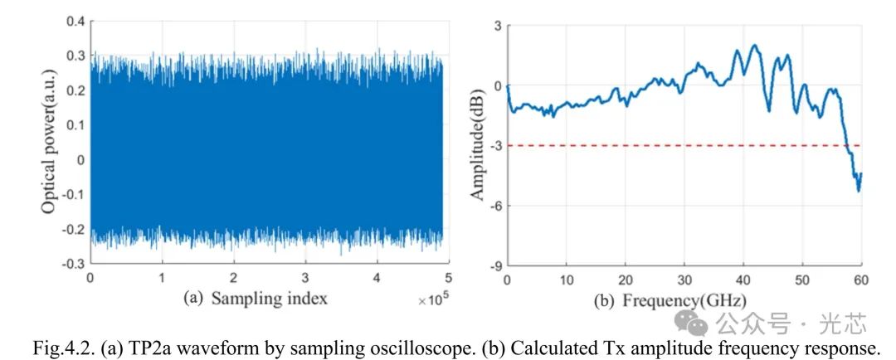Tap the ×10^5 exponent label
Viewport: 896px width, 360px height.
431,299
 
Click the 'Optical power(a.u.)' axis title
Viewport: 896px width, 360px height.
49,142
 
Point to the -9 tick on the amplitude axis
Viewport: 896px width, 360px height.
493,265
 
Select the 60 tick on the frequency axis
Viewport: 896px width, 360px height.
861,280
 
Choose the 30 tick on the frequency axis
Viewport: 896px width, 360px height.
684,280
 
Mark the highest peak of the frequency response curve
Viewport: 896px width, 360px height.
754,46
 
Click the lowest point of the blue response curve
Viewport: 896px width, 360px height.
858,191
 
